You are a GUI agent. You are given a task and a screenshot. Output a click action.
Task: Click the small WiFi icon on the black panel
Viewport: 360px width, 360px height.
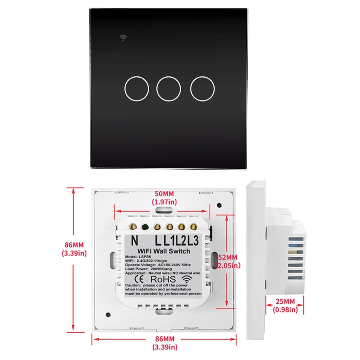coord(123,38)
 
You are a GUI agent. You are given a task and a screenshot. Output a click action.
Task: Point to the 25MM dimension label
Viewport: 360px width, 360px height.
coord(285,301)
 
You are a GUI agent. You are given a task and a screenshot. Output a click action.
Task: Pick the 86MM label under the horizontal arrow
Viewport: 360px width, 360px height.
coord(164,339)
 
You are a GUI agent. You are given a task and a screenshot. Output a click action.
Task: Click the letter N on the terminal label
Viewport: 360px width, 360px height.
coord(134,241)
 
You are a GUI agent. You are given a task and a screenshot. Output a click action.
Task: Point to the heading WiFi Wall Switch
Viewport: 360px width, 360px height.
coord(164,250)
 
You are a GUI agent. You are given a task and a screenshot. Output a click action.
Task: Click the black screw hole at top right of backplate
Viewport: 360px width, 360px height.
coord(219,205)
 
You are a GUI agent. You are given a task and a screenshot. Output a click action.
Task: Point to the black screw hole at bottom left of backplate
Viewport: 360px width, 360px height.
coord(108,314)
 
